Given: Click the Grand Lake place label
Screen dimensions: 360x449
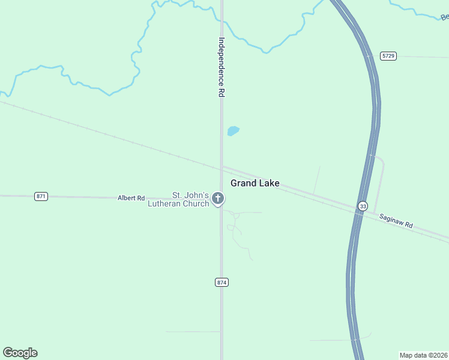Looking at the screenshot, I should click(x=255, y=183).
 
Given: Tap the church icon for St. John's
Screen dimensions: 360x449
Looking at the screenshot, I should click(x=218, y=198).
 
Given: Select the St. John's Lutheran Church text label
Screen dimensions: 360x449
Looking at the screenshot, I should click(x=179, y=199).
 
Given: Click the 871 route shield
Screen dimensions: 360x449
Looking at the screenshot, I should click(x=41, y=196).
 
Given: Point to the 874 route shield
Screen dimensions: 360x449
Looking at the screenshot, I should click(x=221, y=282).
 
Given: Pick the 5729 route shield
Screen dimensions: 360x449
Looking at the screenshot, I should click(x=388, y=56).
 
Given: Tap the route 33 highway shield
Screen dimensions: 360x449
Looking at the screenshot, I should click(x=362, y=206).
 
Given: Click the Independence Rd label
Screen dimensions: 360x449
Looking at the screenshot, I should click(x=221, y=68).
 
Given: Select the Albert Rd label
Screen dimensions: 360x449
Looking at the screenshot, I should click(x=131, y=198).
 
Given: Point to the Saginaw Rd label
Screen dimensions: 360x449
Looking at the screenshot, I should click(x=397, y=220).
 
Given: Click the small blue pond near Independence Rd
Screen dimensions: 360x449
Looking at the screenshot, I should click(x=233, y=131).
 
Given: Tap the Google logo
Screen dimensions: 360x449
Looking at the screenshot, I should click(x=20, y=353).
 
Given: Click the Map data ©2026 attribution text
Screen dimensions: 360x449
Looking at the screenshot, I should click(x=424, y=355).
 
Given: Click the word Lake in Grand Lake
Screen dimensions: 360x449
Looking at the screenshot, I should click(x=269, y=183).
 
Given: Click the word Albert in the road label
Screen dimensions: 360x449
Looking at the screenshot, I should click(x=127, y=198).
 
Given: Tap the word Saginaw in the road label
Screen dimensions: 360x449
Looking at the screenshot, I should click(x=392, y=218).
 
